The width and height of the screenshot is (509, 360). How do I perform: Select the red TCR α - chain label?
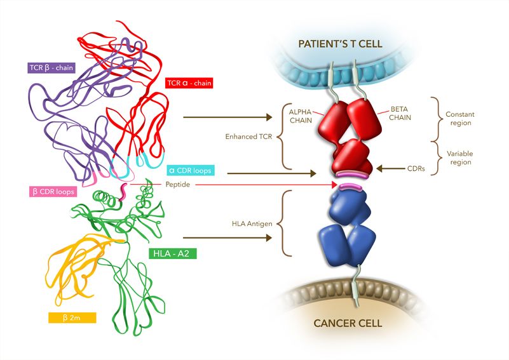(x=189, y=83)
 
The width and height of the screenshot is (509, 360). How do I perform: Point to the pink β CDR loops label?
(x=52, y=191)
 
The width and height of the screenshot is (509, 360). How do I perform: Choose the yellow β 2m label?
(x=72, y=316)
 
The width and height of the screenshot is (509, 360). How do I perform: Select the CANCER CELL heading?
(x=348, y=323)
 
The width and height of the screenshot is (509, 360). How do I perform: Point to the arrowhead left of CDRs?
(x=380, y=169)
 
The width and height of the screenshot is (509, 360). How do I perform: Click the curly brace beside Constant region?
(x=436, y=119)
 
